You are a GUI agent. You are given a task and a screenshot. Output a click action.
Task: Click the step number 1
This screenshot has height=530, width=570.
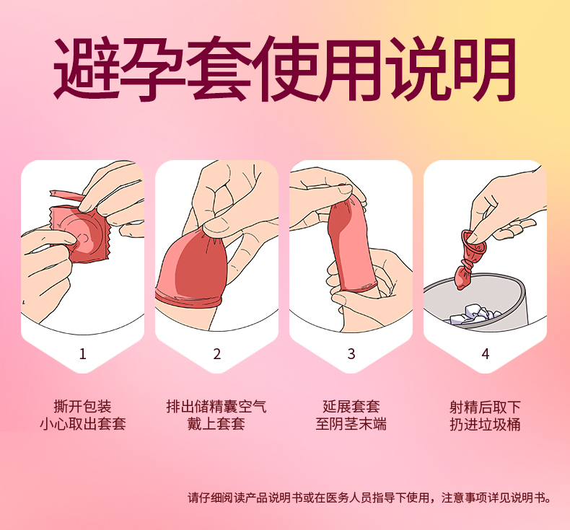82,354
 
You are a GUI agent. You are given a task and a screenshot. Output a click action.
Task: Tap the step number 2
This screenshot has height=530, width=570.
217,354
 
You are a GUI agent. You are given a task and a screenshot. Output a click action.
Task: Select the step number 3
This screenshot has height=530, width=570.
351,354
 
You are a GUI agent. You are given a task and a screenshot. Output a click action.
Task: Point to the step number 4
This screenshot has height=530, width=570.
486,354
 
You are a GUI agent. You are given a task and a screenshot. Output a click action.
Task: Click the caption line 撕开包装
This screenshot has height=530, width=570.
82,407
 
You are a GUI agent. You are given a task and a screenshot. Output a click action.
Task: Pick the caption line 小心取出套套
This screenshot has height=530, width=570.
82,424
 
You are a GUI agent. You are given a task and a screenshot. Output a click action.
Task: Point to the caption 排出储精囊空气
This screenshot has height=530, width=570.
216,407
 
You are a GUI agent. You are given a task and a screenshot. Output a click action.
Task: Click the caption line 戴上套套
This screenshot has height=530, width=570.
216,424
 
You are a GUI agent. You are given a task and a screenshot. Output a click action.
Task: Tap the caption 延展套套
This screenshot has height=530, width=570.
351,407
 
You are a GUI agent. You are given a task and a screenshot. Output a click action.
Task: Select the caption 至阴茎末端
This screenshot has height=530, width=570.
351,424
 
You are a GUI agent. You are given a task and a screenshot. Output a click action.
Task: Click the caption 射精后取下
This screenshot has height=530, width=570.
486,407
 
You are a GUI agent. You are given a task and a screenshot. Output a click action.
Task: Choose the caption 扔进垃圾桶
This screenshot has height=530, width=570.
486,424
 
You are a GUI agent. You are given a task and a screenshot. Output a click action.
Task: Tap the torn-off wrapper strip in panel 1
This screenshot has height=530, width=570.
67,195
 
